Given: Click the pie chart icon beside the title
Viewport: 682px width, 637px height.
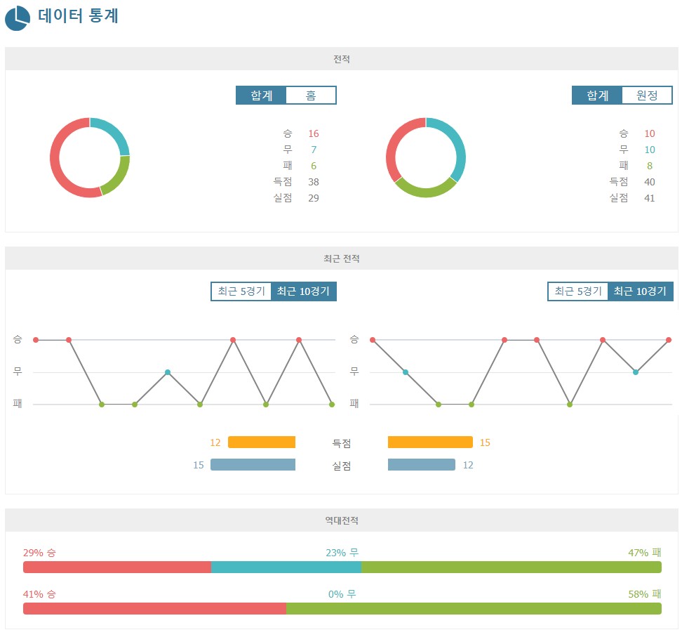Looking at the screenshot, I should (17, 18).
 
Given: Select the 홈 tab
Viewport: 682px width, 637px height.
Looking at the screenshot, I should (311, 96).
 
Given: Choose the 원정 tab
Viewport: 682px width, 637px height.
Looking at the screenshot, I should (647, 96).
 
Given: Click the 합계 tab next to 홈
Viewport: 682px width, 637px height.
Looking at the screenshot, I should (261, 96).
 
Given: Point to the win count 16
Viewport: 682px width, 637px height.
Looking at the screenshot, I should (313, 133).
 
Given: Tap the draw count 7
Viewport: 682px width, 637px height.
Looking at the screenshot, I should (314, 150).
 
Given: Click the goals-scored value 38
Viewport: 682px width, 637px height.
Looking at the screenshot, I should (313, 182).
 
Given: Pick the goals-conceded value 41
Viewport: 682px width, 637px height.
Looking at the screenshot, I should (649, 198).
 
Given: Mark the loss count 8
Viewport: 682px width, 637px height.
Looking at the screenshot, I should (650, 166).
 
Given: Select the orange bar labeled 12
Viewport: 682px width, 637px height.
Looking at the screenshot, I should (262, 442).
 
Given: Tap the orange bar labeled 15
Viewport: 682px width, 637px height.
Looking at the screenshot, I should (430, 442).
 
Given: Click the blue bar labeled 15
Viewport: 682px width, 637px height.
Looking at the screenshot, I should (253, 465).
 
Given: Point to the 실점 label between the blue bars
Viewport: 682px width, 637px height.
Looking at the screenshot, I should (342, 465).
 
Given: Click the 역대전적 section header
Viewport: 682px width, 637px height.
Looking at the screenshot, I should (342, 520).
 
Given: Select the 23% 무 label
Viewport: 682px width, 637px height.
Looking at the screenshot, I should (342, 553).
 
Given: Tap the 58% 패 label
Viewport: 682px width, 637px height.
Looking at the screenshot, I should (645, 594).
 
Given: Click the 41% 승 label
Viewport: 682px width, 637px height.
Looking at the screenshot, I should (39, 594).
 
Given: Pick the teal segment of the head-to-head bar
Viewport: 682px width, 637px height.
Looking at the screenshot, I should (286, 567).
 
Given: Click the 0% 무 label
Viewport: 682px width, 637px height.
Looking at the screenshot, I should (342, 594).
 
